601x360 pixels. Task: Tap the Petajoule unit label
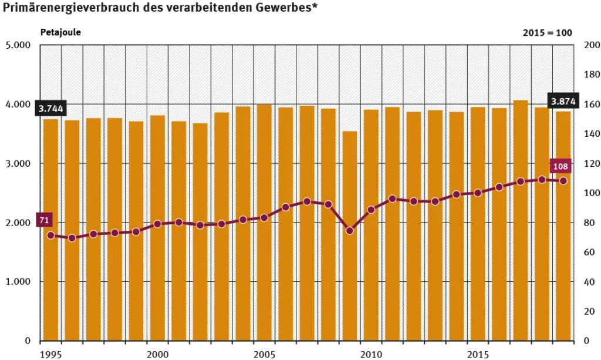point(60,32)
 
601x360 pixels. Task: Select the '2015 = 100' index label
point(548,33)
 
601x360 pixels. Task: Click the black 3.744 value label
point(50,109)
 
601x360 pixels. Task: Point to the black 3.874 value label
point(563,102)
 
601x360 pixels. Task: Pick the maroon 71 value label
point(44,220)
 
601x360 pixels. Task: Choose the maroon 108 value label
point(561,166)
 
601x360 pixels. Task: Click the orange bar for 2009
point(350,235)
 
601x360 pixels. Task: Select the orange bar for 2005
point(264,223)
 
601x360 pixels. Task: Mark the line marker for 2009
point(350,231)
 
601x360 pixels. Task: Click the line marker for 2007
point(307,201)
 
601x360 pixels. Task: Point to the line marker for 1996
point(72,238)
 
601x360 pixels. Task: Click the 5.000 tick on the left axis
point(19,45)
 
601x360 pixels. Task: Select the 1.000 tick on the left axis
point(19,282)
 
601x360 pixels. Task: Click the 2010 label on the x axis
point(371,355)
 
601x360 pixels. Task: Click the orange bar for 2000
point(157,229)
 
